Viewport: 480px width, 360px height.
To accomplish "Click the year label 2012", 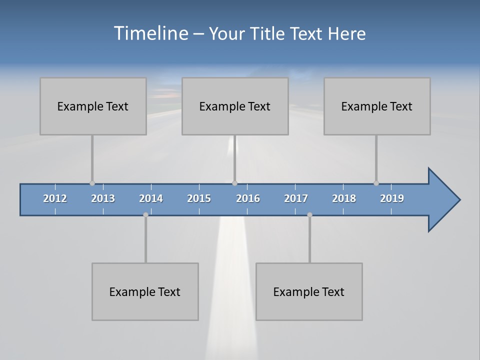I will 55,198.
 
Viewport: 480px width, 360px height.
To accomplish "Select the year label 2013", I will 103,198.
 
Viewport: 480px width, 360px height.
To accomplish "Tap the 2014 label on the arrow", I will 151,198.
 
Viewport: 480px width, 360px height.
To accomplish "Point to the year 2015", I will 199,198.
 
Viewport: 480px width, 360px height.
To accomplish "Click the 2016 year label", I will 248,198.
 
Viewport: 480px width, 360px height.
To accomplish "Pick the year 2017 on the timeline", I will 296,198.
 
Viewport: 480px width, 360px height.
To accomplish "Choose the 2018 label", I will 344,198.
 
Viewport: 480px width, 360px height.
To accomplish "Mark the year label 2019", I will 392,198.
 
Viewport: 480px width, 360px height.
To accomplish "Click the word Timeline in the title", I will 150,33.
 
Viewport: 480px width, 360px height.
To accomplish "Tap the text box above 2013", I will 93,106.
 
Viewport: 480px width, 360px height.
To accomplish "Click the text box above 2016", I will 235,106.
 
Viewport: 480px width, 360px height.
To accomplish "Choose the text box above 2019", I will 377,106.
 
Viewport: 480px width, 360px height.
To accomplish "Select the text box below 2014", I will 145,291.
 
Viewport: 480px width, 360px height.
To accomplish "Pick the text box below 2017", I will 309,291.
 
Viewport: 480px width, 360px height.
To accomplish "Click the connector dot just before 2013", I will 92,183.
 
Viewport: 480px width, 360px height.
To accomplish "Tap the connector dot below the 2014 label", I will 145,215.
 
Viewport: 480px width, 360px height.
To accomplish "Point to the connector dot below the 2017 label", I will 309,215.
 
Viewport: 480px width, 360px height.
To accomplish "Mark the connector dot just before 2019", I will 376,183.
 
